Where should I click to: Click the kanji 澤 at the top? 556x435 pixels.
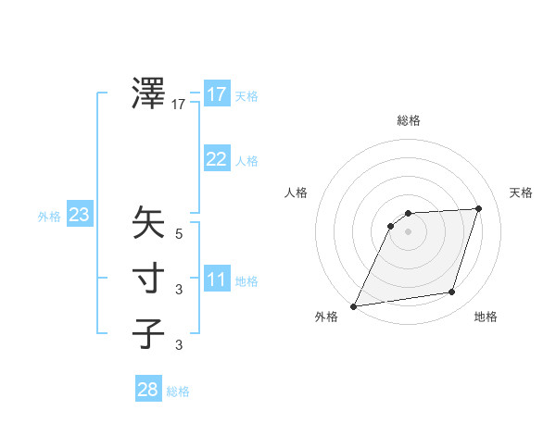(149, 93)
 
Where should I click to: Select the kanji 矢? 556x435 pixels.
(149, 223)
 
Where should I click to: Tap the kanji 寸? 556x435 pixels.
(149, 278)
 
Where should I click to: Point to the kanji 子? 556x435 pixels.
(149, 333)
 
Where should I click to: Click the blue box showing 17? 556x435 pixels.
(216, 94)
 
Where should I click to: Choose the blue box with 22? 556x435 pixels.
(216, 159)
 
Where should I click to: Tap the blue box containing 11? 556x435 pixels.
(216, 280)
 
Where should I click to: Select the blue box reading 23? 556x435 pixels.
(79, 216)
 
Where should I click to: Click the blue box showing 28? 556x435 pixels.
(147, 390)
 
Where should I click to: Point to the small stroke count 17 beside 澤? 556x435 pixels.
(179, 106)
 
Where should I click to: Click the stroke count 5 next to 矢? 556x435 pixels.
(179, 234)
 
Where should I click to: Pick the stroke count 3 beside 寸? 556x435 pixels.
(179, 290)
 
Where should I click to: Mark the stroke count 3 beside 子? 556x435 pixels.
(179, 345)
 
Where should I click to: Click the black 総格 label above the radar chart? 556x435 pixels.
(408, 121)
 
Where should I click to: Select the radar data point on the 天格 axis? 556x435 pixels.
(478, 208)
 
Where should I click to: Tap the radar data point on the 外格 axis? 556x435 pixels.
(353, 305)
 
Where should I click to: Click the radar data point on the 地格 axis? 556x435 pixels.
(452, 292)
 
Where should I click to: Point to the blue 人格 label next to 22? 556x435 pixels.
(246, 161)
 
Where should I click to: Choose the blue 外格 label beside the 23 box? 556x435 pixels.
(49, 217)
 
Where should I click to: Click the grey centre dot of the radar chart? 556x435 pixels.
(408, 231)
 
